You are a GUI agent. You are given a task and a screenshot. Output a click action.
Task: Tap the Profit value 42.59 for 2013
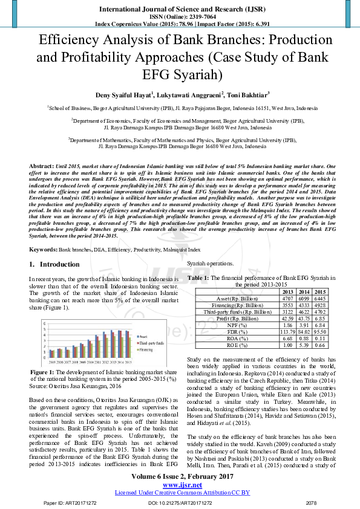(x=287, y=317)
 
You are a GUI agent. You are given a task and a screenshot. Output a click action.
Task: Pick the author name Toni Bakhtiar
(x=248, y=94)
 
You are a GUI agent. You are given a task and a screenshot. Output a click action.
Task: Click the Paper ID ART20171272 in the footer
(x=63, y=502)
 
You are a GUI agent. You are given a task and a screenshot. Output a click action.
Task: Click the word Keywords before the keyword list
(x=43, y=249)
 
